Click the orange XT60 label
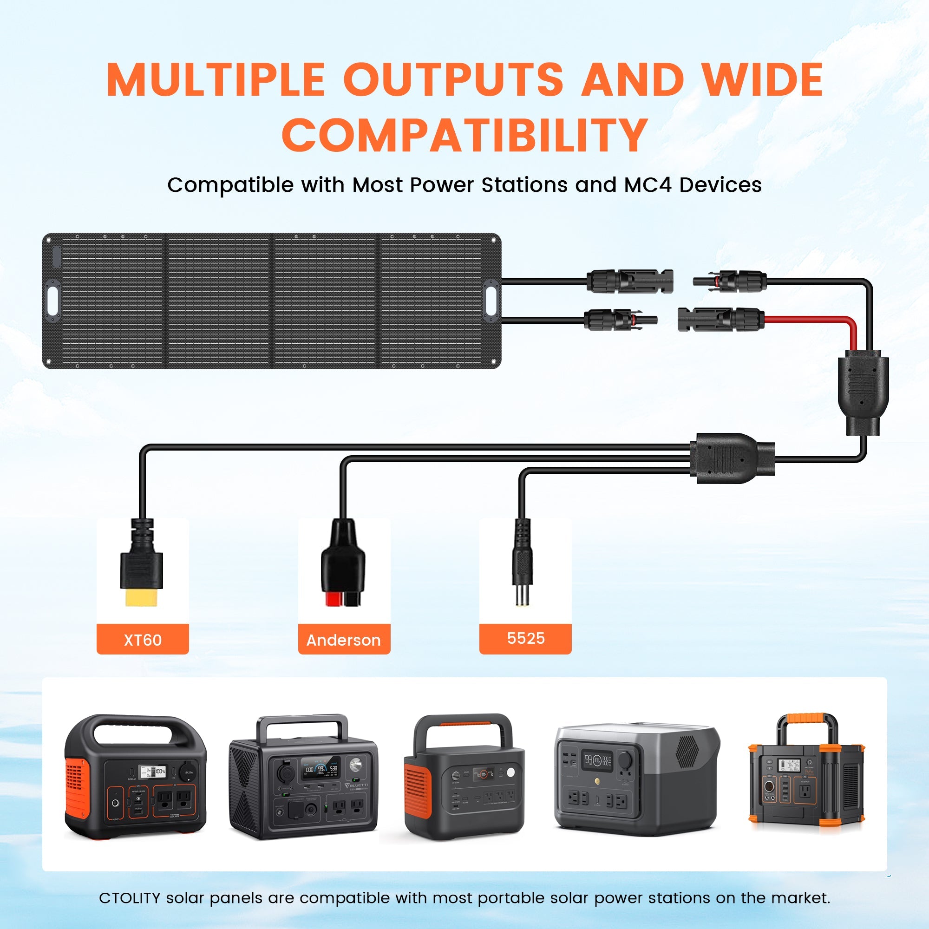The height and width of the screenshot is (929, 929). [142, 639]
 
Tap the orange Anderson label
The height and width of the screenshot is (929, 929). [344, 639]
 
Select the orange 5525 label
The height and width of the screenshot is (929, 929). [525, 638]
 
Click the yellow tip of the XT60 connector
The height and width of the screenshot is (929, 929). [141, 598]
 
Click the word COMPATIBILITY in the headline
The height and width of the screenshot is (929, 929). [464, 135]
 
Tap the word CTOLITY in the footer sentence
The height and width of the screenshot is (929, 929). [129, 898]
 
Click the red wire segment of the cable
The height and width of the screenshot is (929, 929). [812, 318]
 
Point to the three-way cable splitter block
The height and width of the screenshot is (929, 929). [731, 458]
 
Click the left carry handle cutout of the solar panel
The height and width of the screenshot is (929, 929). [52, 301]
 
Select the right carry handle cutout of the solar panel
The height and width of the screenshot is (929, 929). [491, 301]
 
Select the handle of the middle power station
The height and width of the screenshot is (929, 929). [463, 726]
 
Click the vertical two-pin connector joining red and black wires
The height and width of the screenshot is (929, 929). [863, 392]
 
